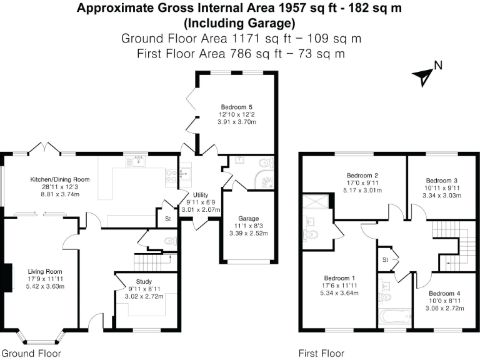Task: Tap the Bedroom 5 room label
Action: pos(236,107)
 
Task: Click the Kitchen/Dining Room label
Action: pos(60,179)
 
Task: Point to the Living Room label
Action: pos(43,271)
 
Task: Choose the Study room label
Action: pos(144,281)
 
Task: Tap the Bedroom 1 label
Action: pos(339,278)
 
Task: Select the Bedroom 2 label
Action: pos(362,175)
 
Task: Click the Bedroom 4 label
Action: pos(444,293)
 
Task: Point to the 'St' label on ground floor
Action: pos(167,219)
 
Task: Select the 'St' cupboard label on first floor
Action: pos(386,259)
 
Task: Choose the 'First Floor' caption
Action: pos(321,353)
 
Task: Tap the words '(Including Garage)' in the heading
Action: pos(239,24)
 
